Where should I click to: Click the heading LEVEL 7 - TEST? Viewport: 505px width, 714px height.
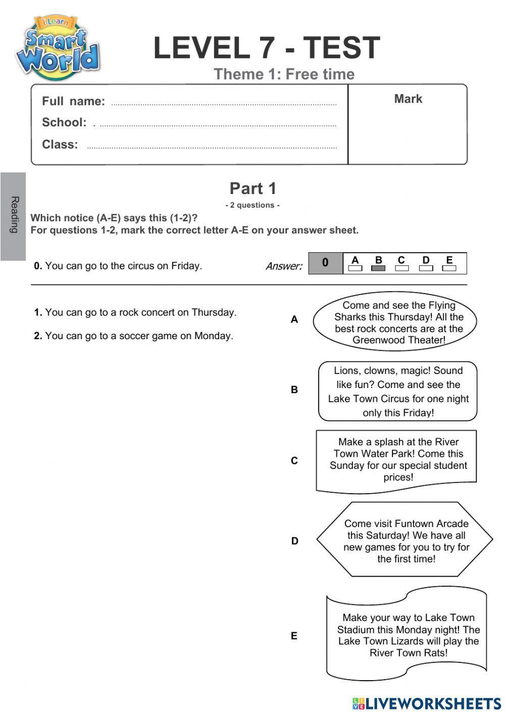click(x=266, y=48)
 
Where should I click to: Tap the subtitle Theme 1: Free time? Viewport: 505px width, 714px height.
click(x=284, y=74)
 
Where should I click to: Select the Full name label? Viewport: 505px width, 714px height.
click(x=73, y=101)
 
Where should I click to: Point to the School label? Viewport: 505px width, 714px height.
click(x=64, y=122)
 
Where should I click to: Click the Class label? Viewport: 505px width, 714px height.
click(x=60, y=145)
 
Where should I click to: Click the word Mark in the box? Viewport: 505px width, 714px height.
click(x=408, y=99)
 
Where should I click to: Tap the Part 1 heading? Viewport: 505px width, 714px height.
click(x=253, y=188)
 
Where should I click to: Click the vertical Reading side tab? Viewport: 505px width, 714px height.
click(x=14, y=216)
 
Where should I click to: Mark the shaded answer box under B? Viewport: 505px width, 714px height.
click(x=378, y=268)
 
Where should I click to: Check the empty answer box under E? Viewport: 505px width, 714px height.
click(x=449, y=268)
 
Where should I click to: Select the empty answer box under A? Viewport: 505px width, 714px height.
click(x=355, y=268)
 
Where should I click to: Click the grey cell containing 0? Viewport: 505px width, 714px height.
click(x=325, y=263)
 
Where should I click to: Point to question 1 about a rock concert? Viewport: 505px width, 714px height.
click(x=135, y=312)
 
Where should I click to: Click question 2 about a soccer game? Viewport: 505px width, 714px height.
click(x=133, y=336)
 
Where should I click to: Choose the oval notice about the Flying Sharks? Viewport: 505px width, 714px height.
click(x=395, y=322)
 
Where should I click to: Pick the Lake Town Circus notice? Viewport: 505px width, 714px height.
click(x=398, y=391)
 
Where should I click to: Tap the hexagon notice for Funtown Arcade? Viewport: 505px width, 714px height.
click(x=406, y=540)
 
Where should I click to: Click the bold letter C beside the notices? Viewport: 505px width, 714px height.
click(x=294, y=460)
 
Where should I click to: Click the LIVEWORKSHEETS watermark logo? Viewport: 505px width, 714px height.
click(x=427, y=703)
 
